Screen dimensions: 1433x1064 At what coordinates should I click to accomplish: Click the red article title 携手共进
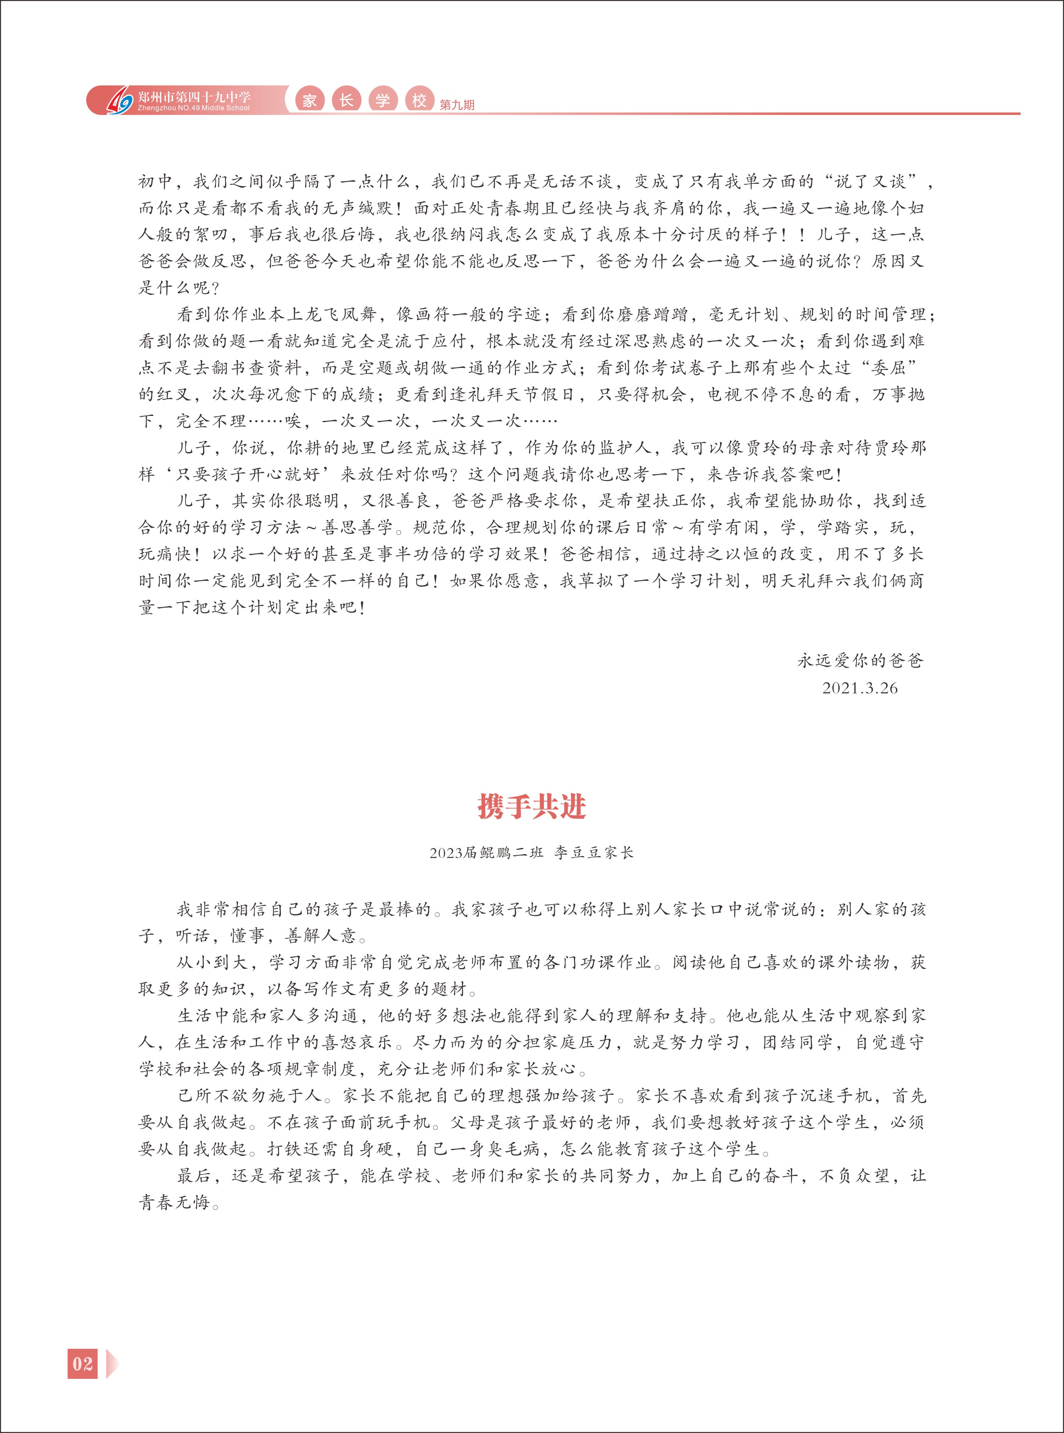[x=531, y=806]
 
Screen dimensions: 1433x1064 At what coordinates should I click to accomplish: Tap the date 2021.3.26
[x=859, y=688]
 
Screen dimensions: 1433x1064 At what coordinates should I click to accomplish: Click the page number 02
[x=83, y=1363]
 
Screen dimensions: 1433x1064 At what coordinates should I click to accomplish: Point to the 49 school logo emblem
[x=119, y=100]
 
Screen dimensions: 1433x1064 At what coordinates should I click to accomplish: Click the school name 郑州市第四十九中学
[x=195, y=97]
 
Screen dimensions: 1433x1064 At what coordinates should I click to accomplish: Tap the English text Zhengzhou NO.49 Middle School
[x=193, y=108]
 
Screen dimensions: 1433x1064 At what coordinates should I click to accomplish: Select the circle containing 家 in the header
[x=310, y=100]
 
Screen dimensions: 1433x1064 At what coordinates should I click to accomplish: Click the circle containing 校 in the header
[x=419, y=100]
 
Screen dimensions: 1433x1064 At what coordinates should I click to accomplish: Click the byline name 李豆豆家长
[x=594, y=853]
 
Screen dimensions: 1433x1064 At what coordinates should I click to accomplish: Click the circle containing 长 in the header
[x=346, y=100]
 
